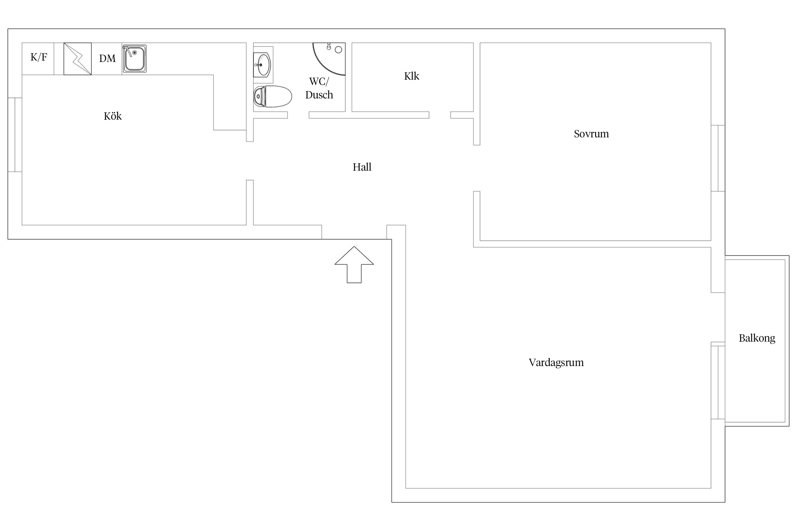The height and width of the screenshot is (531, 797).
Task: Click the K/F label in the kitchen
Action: point(39,57)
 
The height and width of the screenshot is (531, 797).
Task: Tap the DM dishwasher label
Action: point(107,58)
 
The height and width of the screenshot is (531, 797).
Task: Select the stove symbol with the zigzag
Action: point(78,59)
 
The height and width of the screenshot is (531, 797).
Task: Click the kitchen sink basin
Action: point(135,59)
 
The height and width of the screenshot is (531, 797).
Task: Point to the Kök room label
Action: point(113,116)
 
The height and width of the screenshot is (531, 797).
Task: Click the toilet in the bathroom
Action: point(272,96)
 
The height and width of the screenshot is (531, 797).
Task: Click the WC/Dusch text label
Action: point(319,88)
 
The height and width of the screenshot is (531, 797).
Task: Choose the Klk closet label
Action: point(412,76)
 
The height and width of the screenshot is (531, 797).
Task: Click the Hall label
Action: point(362,167)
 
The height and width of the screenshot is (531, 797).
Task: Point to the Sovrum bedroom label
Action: point(592,134)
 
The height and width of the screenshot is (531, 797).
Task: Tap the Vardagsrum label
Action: point(556,362)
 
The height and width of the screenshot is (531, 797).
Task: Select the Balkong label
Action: point(757,338)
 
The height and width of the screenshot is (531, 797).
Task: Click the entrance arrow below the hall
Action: point(354,264)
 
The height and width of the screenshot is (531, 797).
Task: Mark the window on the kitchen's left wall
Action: point(15,135)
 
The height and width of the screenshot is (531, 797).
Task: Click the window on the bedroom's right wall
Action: point(718,158)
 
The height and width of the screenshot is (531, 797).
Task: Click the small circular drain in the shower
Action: point(338,50)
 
